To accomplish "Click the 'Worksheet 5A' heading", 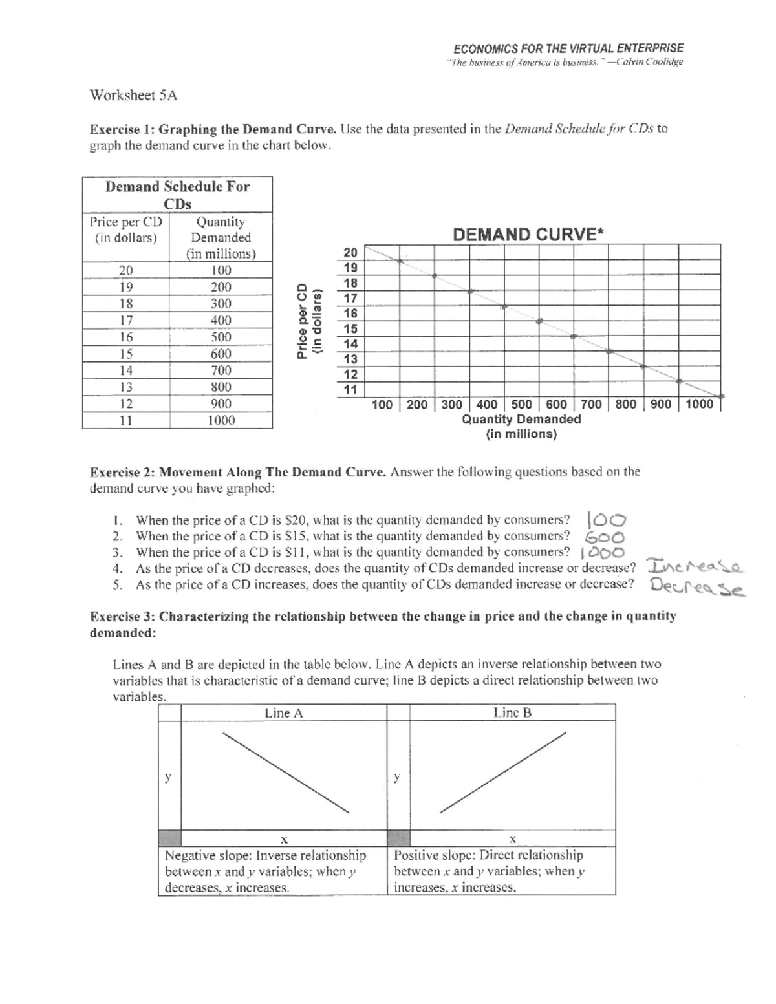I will pos(133,96).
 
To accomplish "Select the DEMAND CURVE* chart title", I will pos(528,234).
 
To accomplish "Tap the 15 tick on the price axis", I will pos(350,328).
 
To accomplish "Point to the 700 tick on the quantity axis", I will pos(591,405).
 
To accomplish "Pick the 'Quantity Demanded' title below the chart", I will pos(521,420).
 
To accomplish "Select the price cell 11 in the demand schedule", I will pos(126,421).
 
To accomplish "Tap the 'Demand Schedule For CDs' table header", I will pos(177,195).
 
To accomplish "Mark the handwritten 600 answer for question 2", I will pos(604,537).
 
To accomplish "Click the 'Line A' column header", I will pos(283,713).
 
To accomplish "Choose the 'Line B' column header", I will pos(512,713).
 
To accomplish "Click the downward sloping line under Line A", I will pos(285,772).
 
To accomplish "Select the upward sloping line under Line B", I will pos(503,772).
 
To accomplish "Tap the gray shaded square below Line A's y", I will pos(169,838).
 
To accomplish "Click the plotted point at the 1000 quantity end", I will pos(722,396).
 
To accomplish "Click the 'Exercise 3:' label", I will pos(122,616).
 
